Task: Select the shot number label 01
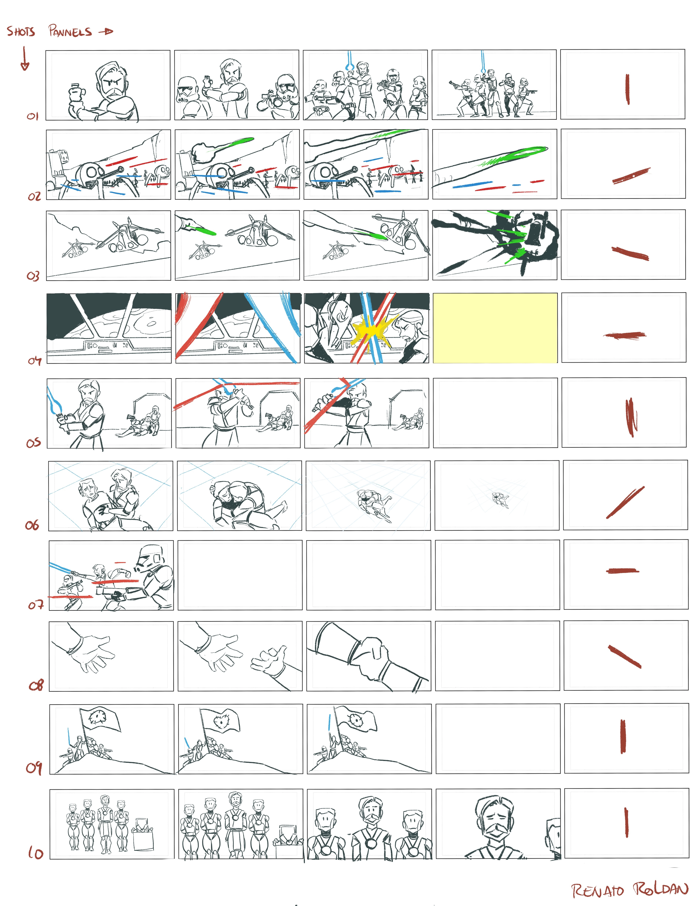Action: click(33, 116)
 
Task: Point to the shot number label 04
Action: click(35, 361)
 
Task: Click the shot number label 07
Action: click(36, 605)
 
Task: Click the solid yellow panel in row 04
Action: click(495, 328)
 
